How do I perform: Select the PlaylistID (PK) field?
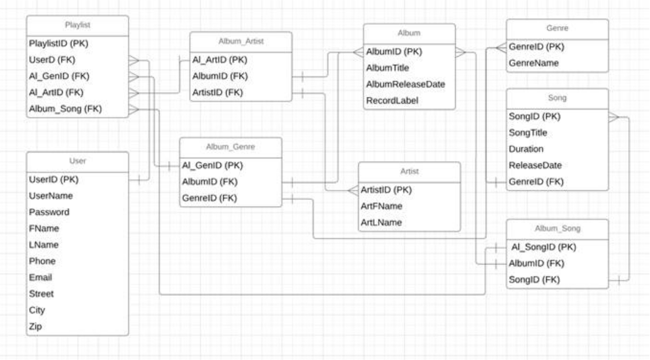[57, 43]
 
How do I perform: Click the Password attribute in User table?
[49, 212]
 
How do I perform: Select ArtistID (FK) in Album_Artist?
[219, 92]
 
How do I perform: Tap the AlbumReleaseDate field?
[405, 84]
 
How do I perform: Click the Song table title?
[557, 99]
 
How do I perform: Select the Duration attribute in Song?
[526, 149]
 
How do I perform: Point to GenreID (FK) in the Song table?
[536, 181]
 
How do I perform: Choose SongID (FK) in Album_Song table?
[533, 281]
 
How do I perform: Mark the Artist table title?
[409, 172]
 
